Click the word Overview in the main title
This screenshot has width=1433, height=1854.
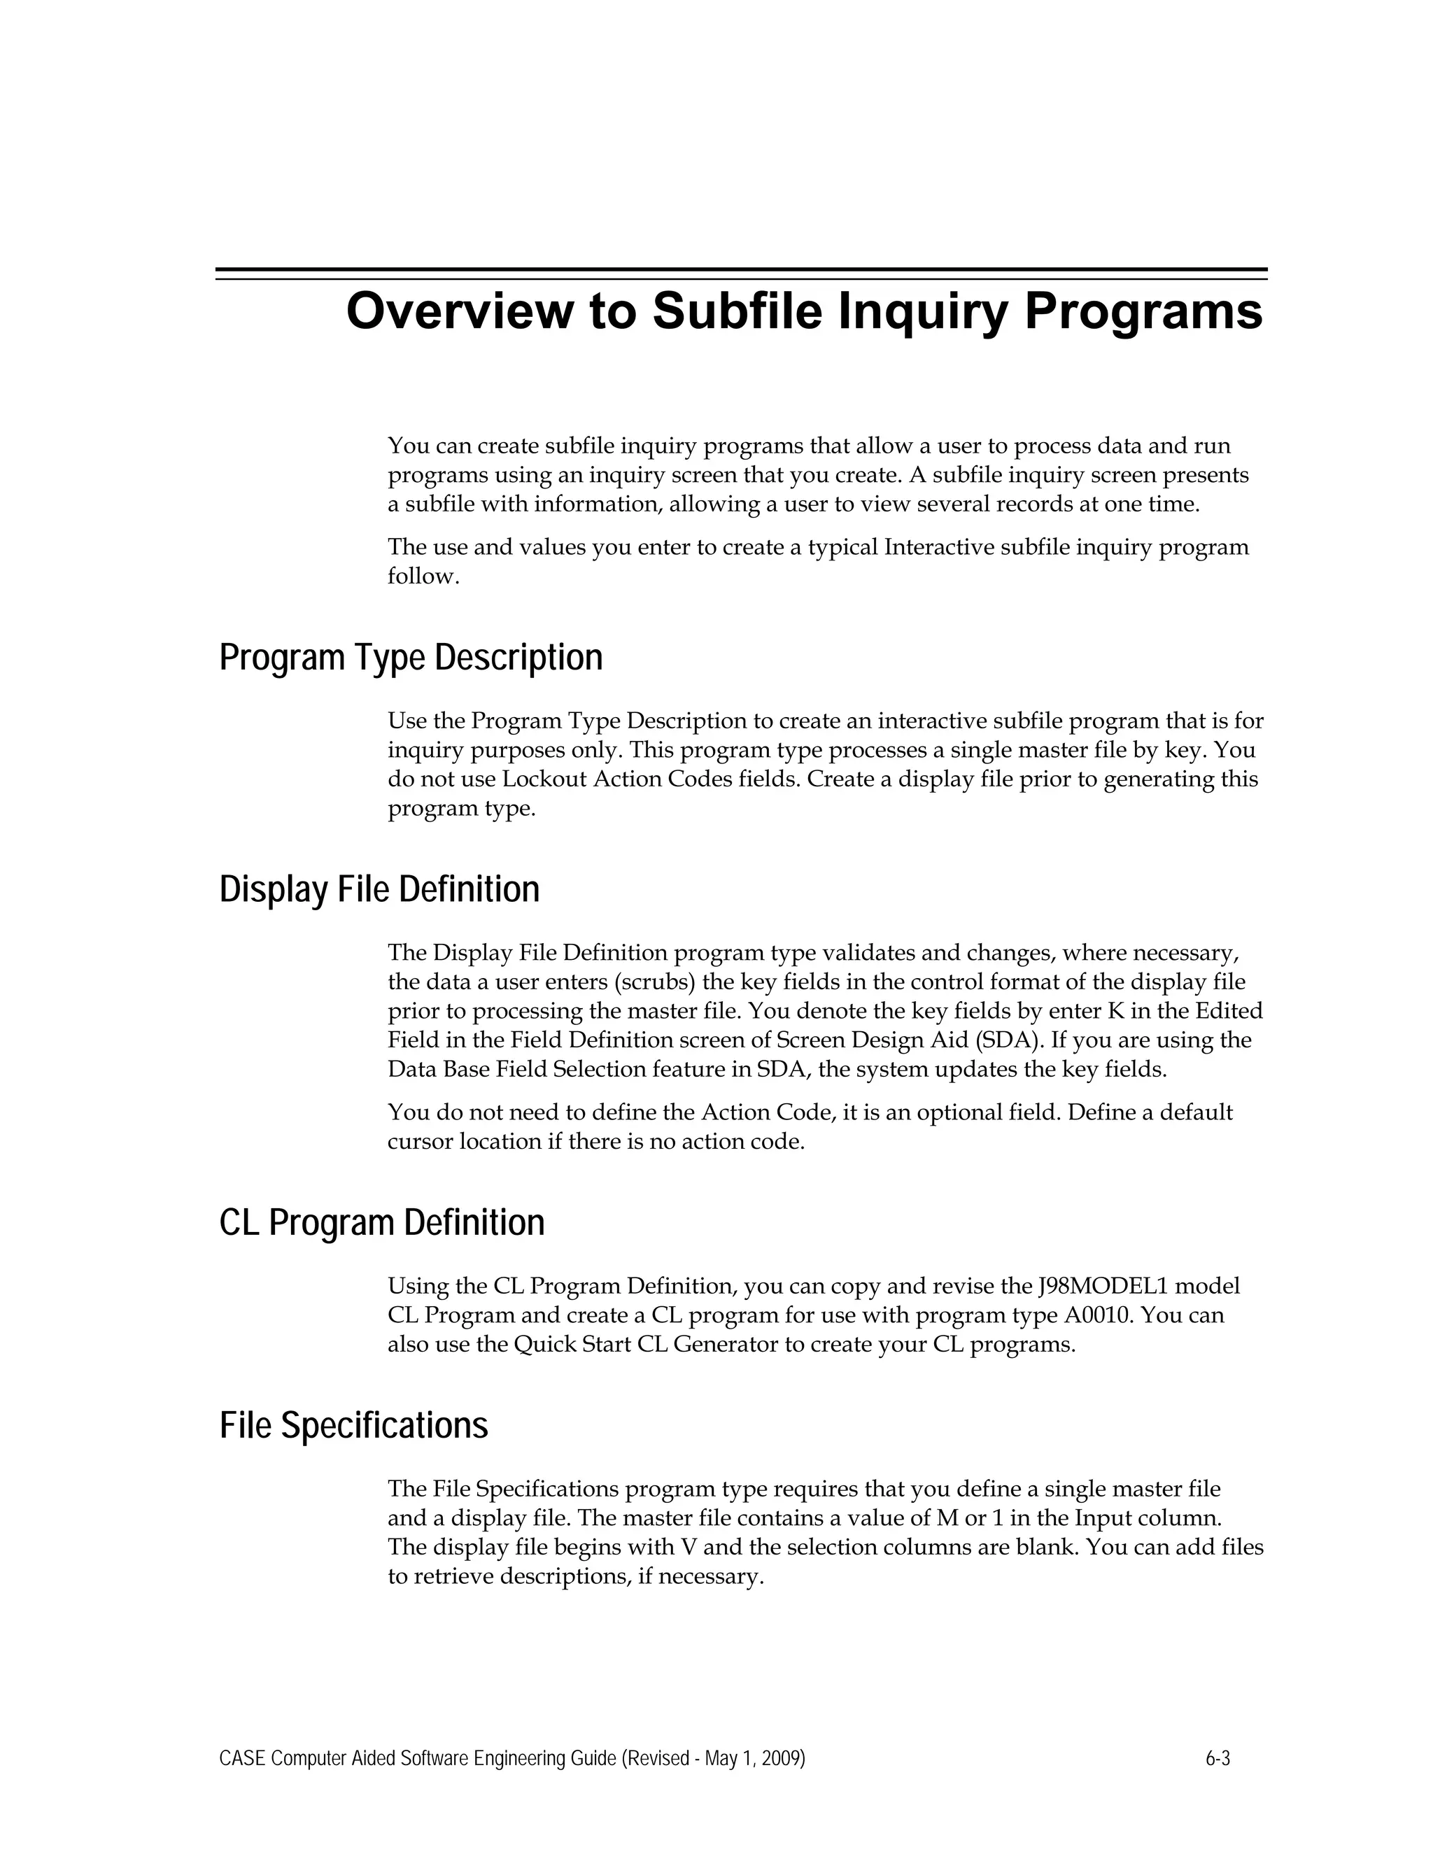[x=459, y=311]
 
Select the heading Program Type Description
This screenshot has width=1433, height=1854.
[x=411, y=658]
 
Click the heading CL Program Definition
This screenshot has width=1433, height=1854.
[x=382, y=1223]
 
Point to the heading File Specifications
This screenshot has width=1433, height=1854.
[x=354, y=1425]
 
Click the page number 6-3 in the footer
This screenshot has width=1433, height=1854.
[x=1217, y=1758]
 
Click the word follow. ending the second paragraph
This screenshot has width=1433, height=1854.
[x=423, y=576]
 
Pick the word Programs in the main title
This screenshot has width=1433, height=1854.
[x=1143, y=311]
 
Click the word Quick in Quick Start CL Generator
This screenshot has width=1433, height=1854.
[x=545, y=1345]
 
